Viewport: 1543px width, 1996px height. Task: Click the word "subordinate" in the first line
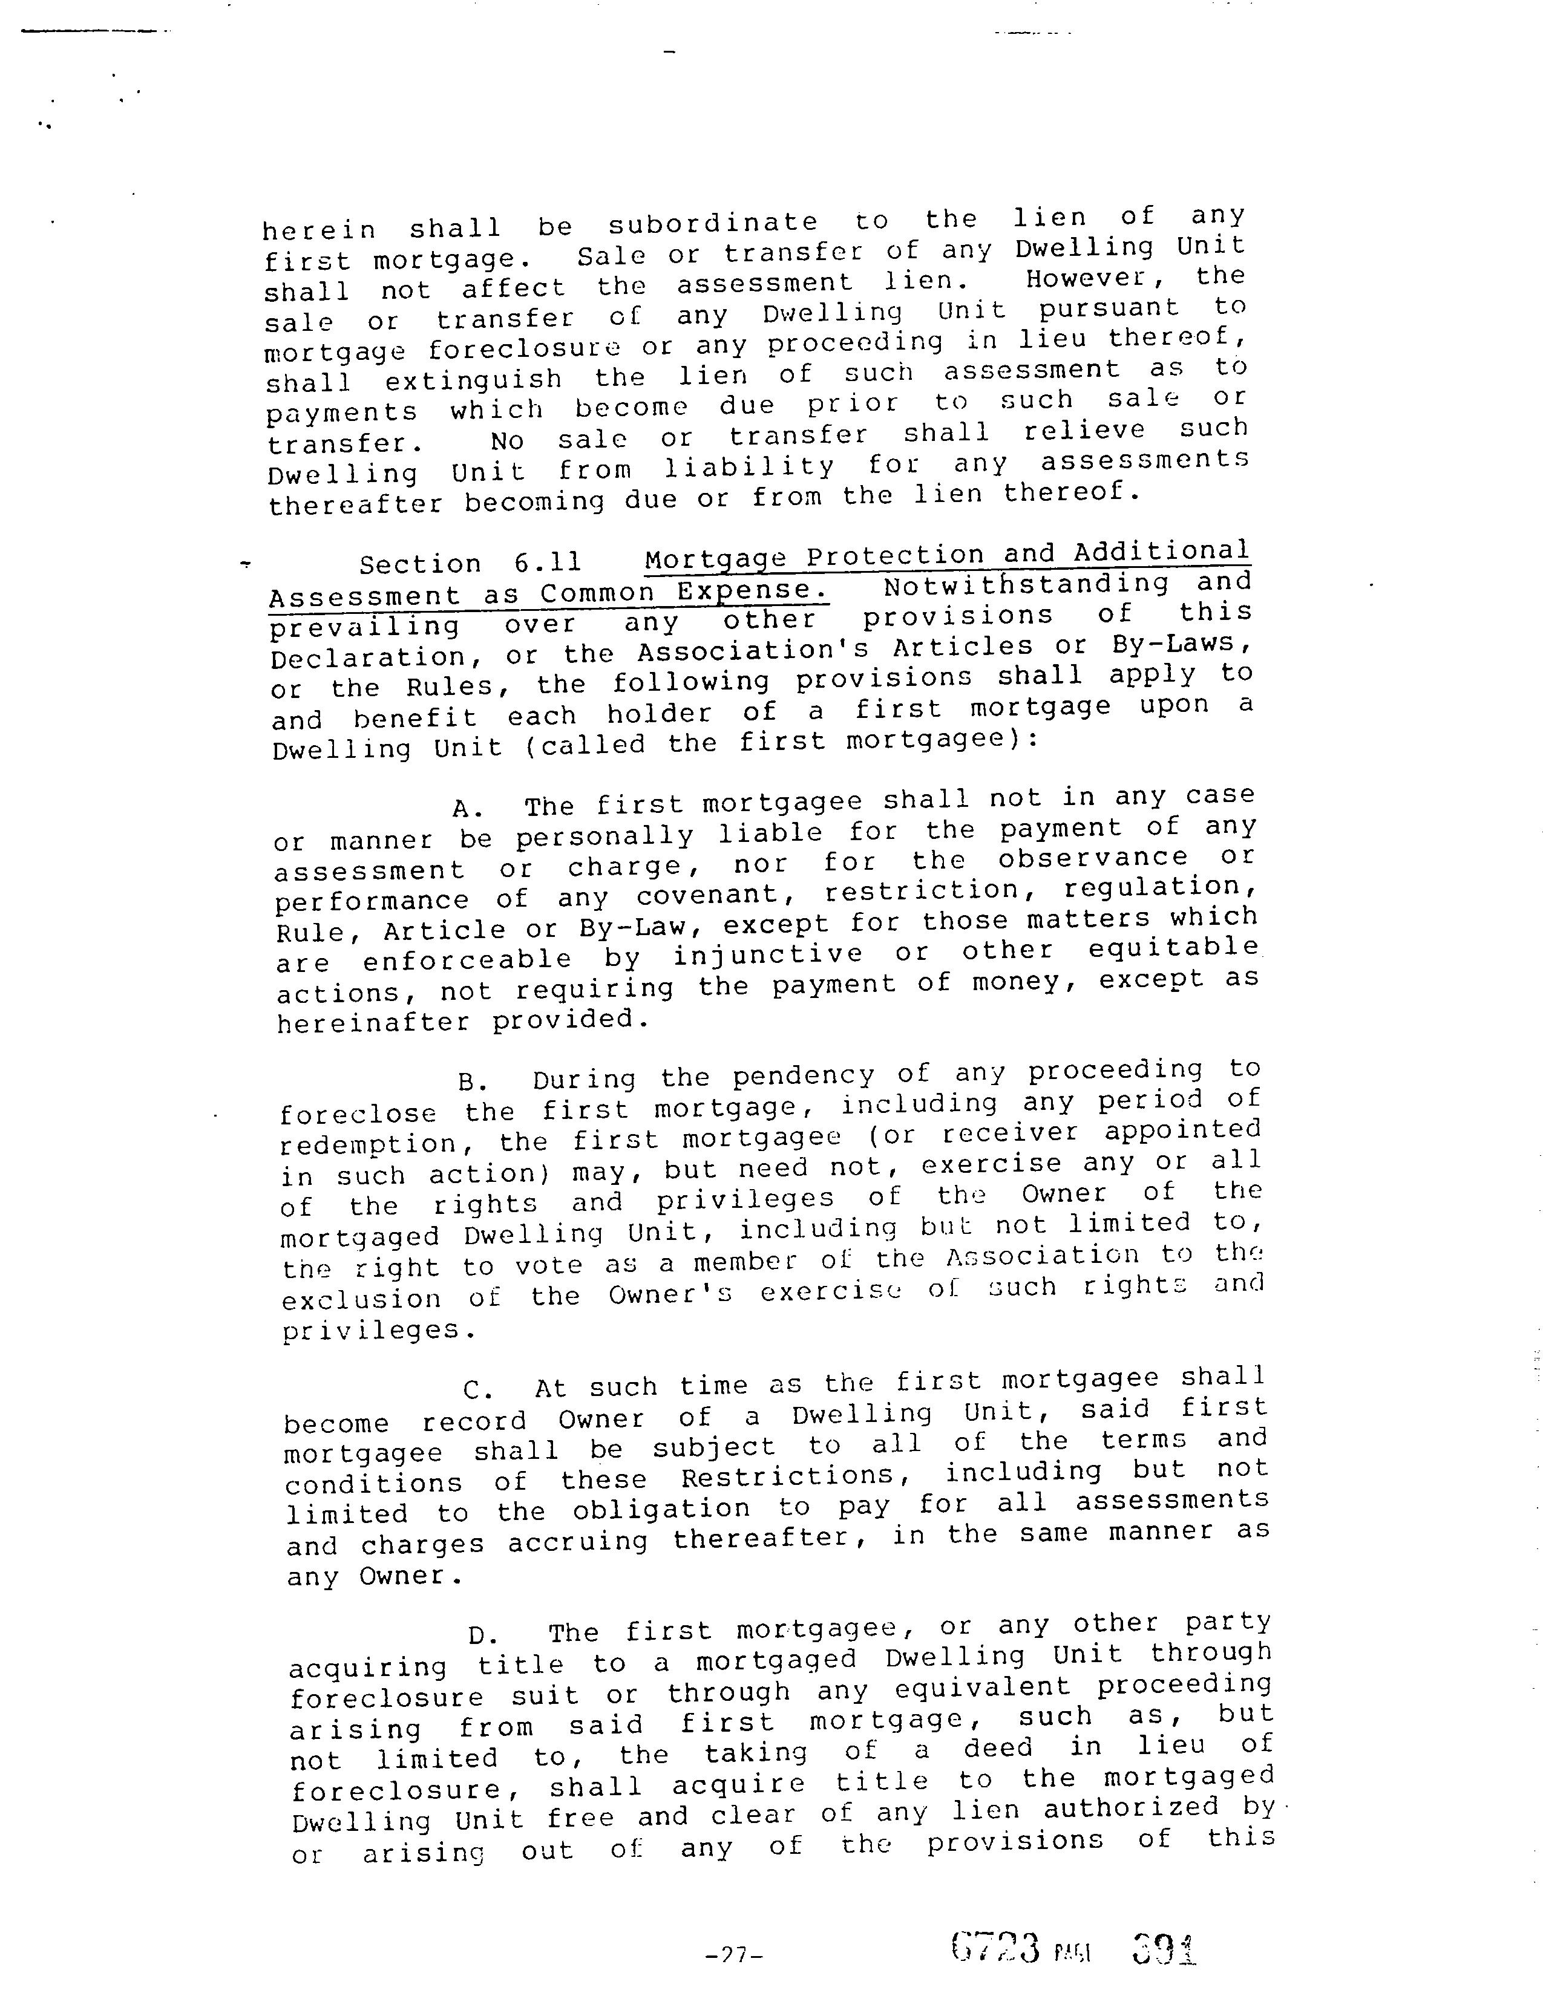(x=712, y=223)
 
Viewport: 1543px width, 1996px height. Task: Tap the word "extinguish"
(x=473, y=379)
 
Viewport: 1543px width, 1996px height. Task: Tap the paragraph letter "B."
(x=474, y=1082)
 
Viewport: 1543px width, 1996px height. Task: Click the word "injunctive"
(x=768, y=954)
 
